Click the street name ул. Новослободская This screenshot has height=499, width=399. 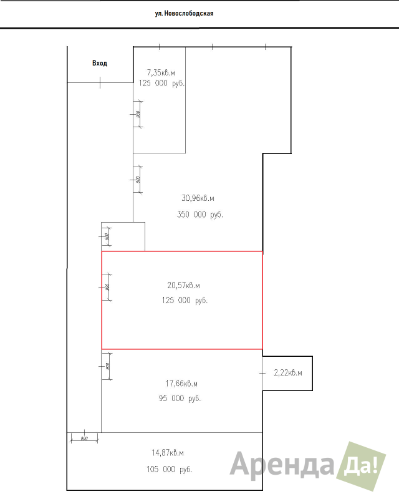click(184, 12)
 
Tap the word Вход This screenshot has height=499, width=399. click(100, 63)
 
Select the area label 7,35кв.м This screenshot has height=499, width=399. click(161, 72)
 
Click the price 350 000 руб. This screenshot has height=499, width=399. click(200, 214)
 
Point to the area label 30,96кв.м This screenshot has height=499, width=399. click(198, 198)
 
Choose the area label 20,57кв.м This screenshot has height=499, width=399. click(183, 285)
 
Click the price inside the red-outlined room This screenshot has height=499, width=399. click(184, 300)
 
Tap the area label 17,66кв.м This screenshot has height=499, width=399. click(181, 383)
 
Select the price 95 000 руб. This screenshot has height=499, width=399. click(180, 398)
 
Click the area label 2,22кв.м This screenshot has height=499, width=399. click(288, 373)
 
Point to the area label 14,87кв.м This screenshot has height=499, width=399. click(168, 453)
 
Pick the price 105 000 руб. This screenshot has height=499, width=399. click(168, 469)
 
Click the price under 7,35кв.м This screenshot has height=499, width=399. click(161, 83)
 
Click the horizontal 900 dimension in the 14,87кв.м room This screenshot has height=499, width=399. click(84, 438)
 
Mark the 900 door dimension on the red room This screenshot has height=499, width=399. click(107, 287)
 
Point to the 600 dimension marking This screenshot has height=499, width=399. click(107, 236)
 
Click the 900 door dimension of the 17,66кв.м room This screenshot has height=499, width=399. click(107, 367)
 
